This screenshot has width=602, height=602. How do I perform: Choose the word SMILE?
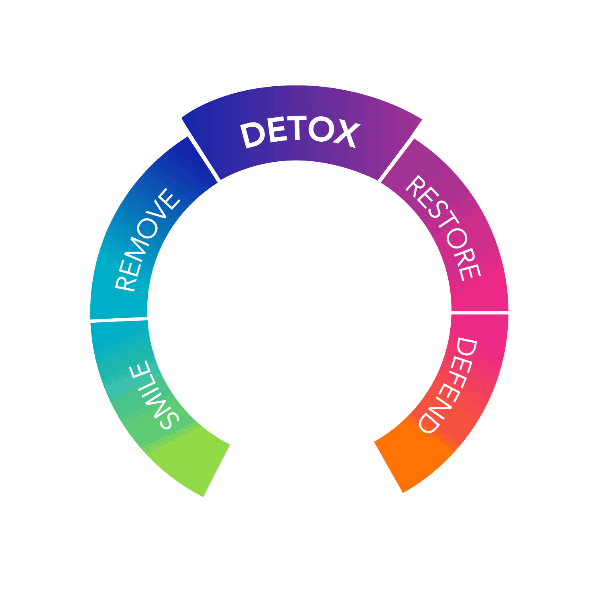pos(155,395)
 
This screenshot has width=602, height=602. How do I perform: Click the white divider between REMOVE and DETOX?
pos(199,150)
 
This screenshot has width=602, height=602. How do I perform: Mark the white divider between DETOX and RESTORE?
pos(401,152)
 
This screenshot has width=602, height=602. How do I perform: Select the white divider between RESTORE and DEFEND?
pos(478,312)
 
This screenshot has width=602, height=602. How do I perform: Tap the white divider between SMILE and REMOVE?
pos(119,319)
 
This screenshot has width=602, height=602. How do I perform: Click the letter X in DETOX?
pos(346,134)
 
